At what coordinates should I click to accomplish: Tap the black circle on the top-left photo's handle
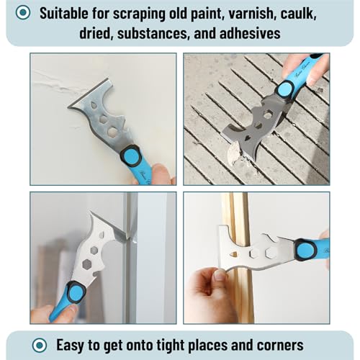coord(130,155)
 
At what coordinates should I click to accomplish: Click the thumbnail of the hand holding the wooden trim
coord(257,257)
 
